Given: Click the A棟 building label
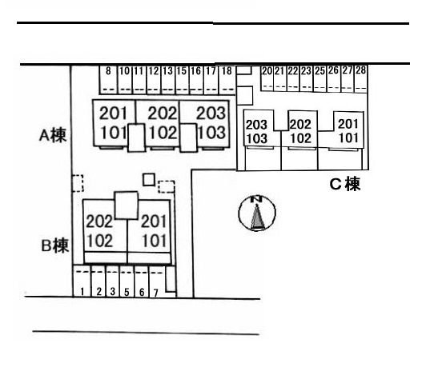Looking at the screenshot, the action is point(53,136).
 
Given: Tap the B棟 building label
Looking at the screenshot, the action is point(55,245).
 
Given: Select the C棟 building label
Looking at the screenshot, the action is point(345,184).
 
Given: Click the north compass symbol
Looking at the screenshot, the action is point(257,213).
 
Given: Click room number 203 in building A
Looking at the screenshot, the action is point(211,114).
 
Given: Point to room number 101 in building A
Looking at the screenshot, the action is point(113,133).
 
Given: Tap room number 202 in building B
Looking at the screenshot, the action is point(99,221).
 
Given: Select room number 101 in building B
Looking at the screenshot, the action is point(155,241).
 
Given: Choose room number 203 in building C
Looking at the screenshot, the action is point(256,125).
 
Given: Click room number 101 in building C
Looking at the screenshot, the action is point(348,138).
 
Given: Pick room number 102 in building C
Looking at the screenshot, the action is point(300,138).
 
